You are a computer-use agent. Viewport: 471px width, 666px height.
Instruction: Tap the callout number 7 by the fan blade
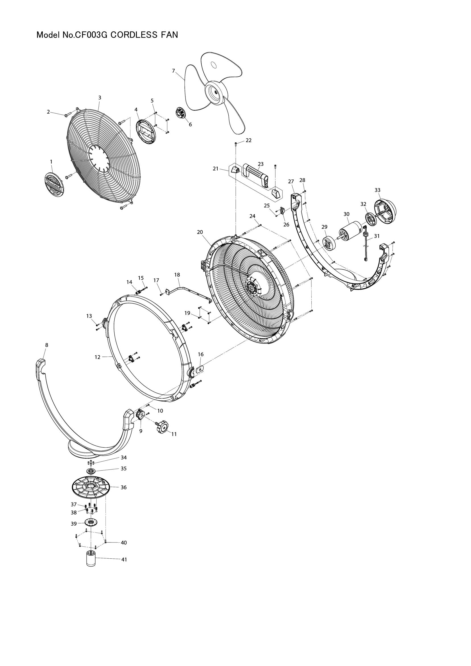pyautogui.click(x=173, y=71)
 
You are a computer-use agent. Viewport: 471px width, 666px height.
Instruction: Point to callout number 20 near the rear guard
pyautogui.click(x=200, y=232)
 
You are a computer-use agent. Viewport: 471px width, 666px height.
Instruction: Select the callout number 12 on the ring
pyautogui.click(x=97, y=357)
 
